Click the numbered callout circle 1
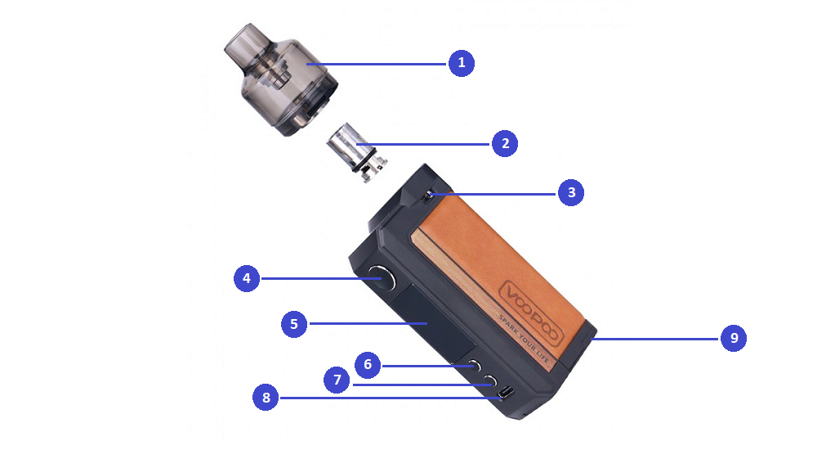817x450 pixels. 462,63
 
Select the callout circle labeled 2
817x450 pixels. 505,143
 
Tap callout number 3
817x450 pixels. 571,193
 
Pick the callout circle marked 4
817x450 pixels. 247,279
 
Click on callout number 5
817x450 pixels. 294,323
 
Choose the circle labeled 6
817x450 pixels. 368,364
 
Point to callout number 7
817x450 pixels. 337,380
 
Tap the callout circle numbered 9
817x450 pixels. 734,338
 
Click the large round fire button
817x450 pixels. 381,280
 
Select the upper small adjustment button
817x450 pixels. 474,366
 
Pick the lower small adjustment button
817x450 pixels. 490,380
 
